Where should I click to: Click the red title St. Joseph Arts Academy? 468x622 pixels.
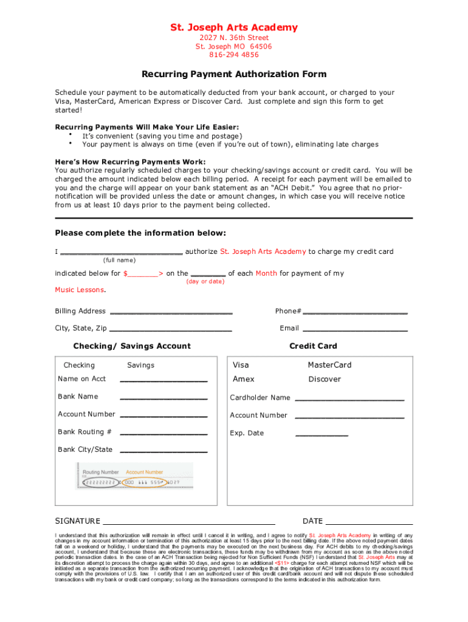(234, 27)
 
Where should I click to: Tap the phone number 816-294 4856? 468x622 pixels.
(234, 55)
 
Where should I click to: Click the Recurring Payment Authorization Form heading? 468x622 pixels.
(234, 74)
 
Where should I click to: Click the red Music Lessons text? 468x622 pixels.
(80, 290)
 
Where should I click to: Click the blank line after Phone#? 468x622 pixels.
(355, 312)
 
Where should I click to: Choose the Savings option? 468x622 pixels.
(140, 365)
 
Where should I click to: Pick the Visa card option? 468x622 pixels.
(241, 365)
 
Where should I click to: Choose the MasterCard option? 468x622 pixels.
(329, 365)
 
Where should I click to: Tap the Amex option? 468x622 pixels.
(244, 379)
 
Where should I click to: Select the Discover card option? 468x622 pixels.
(325, 379)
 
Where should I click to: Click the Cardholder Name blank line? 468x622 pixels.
(349, 399)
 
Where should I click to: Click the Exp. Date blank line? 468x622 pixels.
(322, 435)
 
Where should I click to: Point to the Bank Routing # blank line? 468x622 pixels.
(164, 434)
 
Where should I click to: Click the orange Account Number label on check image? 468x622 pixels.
(144, 472)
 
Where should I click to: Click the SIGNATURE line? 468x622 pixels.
(188, 522)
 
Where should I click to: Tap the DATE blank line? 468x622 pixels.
(369, 522)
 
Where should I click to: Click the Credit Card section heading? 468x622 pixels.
(313, 346)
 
